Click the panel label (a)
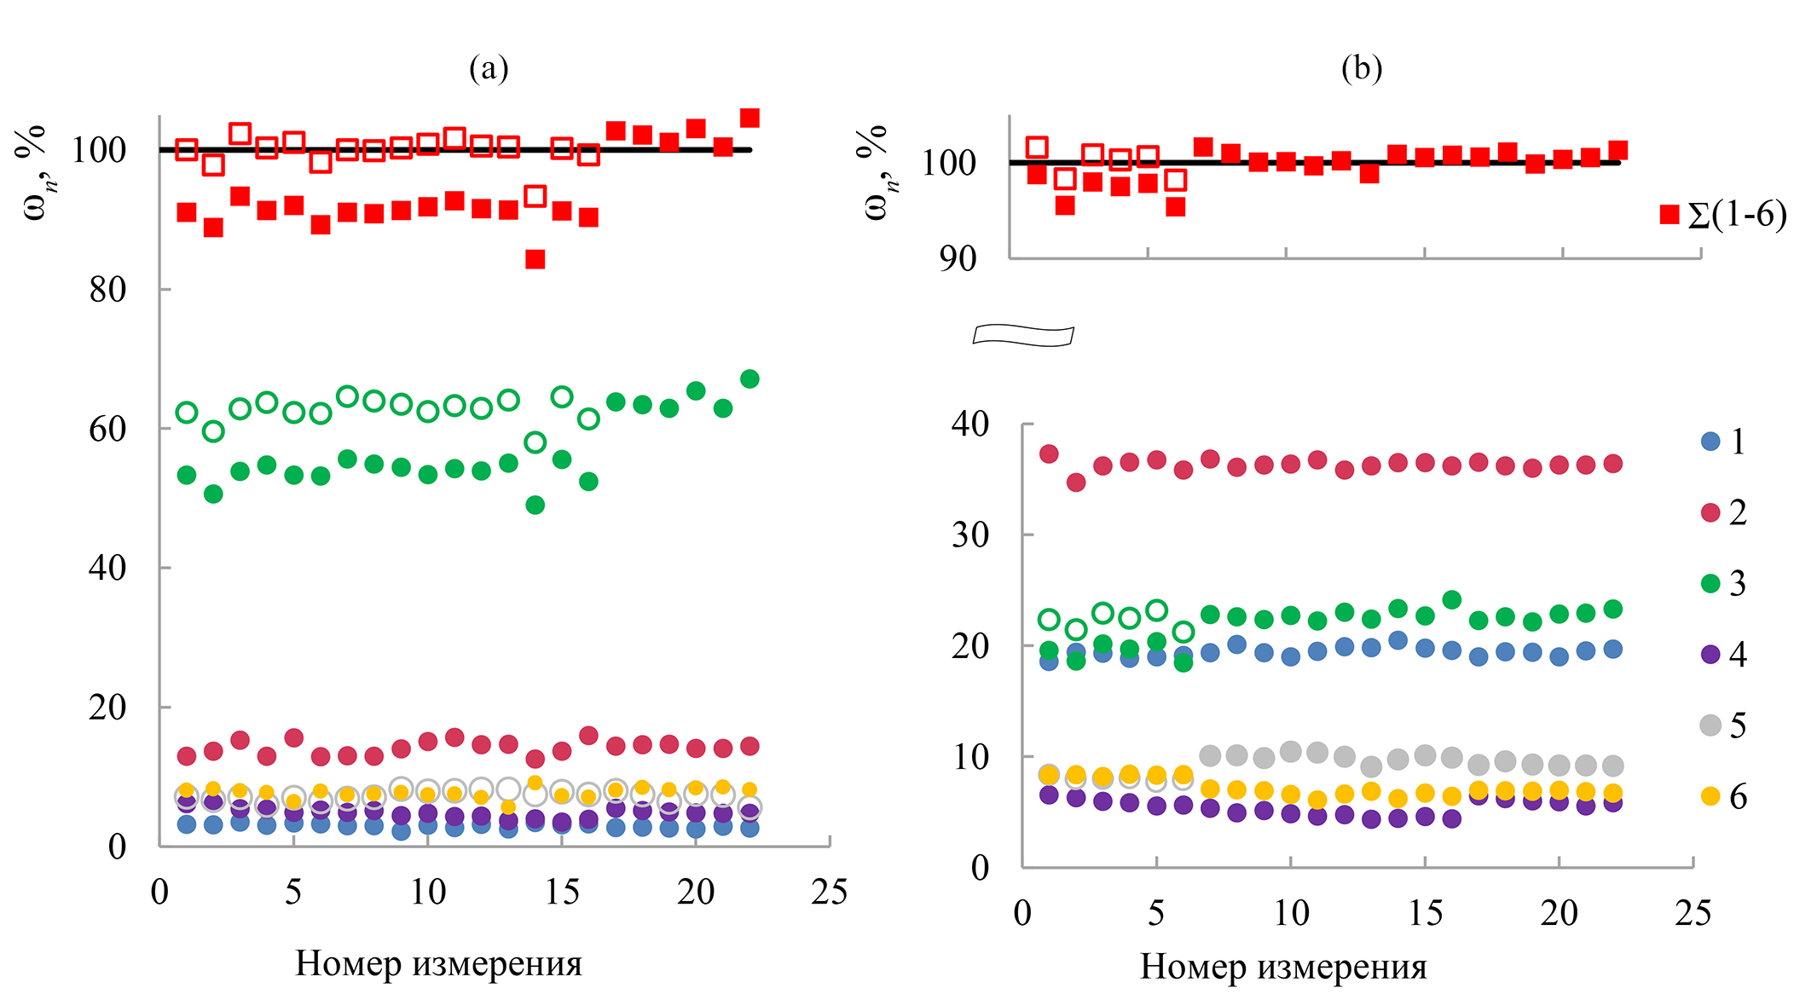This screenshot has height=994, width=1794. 489,68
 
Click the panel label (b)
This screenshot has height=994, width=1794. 1361,68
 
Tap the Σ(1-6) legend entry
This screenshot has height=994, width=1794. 1723,215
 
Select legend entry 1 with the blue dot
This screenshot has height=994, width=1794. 1723,442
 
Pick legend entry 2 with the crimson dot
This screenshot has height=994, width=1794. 1723,512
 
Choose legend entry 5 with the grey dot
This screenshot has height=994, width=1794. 1723,725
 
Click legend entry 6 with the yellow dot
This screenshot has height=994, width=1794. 1723,797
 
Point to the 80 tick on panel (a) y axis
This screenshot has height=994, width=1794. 107,290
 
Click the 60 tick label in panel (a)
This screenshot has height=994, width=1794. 107,429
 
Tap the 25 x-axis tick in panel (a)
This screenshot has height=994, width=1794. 829,893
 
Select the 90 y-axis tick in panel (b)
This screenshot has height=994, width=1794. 958,258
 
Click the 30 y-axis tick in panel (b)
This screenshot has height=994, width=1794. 970,535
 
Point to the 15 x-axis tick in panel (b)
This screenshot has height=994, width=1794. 1425,913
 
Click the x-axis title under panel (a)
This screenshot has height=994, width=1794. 438,963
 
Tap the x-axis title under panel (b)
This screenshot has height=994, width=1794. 1283,967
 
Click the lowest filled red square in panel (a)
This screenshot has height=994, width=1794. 535,259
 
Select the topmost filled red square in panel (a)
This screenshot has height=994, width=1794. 749,118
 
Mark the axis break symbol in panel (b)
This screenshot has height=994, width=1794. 1023,336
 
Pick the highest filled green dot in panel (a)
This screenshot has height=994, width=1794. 749,379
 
